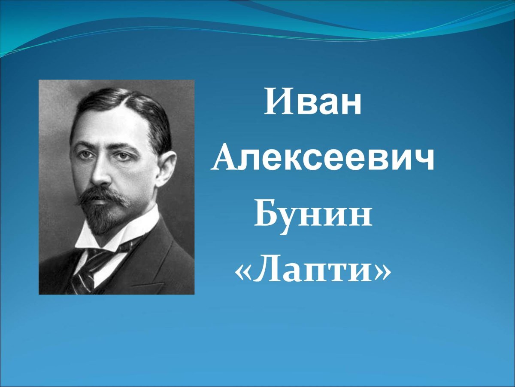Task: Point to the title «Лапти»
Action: pos(313,272)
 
